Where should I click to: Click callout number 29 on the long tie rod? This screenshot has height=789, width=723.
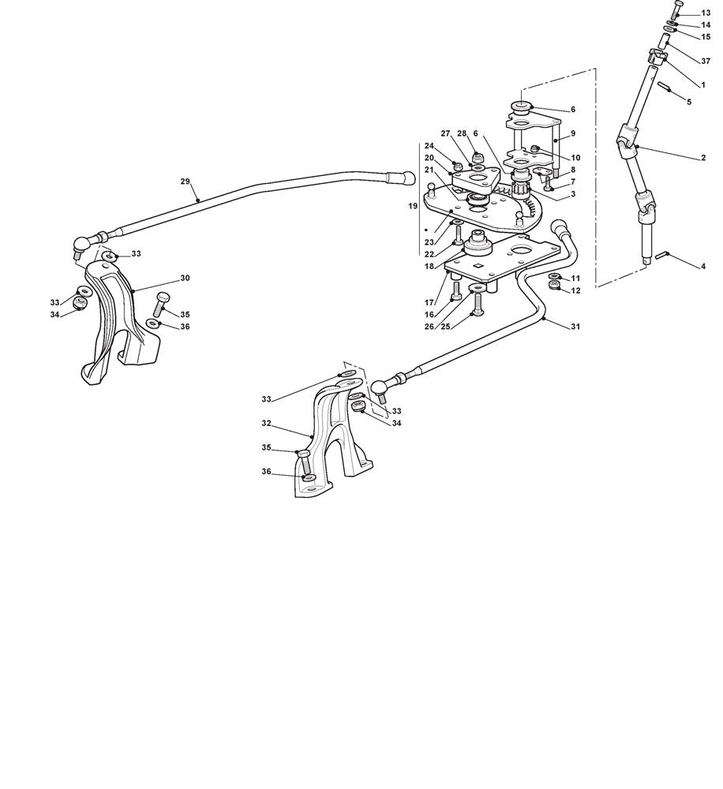185,181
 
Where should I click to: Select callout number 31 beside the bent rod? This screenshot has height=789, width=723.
575,327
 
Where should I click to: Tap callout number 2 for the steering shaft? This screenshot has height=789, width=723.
703,158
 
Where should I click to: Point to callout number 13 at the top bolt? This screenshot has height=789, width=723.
706,13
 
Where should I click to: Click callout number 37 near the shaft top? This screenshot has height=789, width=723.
706,62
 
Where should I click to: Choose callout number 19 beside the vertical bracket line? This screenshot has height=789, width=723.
413,206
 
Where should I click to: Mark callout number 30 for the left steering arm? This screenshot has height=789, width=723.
185,278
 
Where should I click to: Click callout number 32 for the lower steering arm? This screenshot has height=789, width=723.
266,423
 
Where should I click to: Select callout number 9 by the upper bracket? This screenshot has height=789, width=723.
573,133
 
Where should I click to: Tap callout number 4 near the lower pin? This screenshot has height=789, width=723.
703,266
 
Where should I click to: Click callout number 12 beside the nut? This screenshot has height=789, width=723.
575,290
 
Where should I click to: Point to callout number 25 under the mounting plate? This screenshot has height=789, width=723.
446,327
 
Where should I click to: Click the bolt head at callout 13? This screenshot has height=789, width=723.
677,5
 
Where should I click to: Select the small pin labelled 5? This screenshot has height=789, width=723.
665,87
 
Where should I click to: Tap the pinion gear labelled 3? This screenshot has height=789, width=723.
519,189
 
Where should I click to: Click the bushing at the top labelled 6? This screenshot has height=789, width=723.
521,107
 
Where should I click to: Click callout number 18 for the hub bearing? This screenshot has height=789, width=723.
429,266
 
